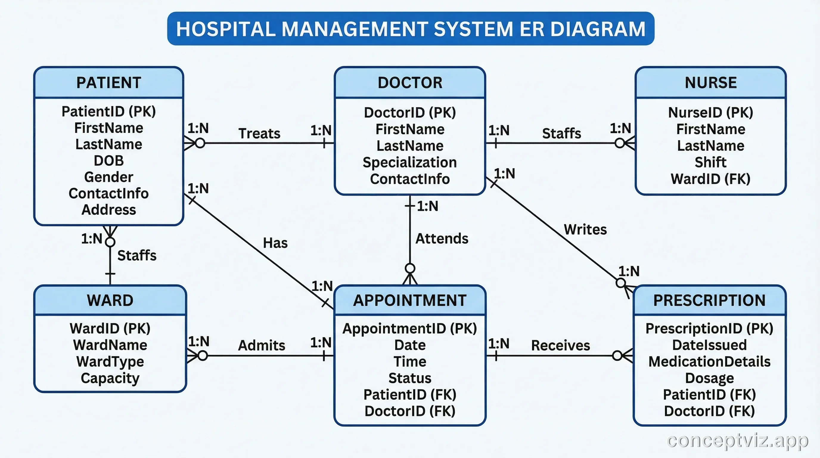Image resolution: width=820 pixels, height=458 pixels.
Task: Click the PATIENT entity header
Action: click(x=108, y=83)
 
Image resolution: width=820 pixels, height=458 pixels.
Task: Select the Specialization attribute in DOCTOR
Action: click(x=410, y=163)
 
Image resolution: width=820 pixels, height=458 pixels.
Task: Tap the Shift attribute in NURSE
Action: click(x=710, y=163)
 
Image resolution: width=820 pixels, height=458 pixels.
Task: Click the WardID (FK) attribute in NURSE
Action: click(x=710, y=179)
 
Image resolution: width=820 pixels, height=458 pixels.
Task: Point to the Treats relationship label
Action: click(x=259, y=134)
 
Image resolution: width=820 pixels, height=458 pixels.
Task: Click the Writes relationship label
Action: click(x=585, y=230)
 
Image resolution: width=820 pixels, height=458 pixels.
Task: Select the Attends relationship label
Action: click(x=442, y=239)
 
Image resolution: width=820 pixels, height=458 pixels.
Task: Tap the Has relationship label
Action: click(x=275, y=243)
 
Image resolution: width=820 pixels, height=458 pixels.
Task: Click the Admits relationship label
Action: click(x=261, y=346)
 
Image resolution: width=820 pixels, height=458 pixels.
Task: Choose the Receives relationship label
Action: click(x=560, y=346)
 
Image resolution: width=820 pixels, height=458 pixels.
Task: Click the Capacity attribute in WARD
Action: click(x=110, y=378)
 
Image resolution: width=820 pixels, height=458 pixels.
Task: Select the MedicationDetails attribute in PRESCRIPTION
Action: click(x=709, y=362)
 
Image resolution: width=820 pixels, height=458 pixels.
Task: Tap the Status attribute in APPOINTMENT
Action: click(x=410, y=378)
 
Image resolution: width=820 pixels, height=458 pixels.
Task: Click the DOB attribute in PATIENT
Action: click(x=108, y=161)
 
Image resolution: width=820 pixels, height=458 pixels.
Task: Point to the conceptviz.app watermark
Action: click(x=737, y=441)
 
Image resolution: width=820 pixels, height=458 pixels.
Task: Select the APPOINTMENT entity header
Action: click(x=410, y=300)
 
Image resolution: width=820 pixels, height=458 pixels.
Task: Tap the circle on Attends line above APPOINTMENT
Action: click(x=410, y=268)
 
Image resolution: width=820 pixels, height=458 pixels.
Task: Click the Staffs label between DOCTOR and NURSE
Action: click(x=562, y=134)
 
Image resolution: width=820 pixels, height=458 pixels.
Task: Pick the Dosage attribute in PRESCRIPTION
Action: click(x=709, y=378)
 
